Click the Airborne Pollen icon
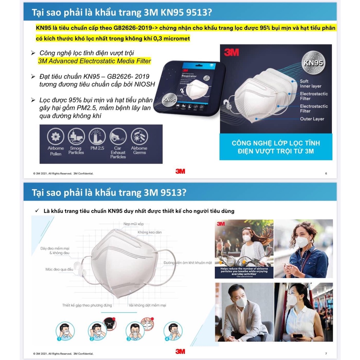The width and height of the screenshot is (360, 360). pos(56,136)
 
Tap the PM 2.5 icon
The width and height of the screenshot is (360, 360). pos(97,136)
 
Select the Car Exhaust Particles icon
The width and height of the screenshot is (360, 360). pos(118,136)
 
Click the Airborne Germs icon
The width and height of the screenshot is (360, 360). pos(139,136)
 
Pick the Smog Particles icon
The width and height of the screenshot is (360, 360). pos(76,136)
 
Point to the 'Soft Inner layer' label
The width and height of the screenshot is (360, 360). pos(310,84)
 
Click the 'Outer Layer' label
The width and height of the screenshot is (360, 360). pos(312,119)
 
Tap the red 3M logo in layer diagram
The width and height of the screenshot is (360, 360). pos(231,52)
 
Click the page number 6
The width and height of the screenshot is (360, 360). pos(326,173)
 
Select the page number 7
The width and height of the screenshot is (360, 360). pos(326,353)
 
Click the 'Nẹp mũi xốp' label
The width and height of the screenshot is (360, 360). pos(133,224)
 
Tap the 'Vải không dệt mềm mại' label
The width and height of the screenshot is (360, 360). pos(147,305)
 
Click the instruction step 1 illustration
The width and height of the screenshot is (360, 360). pos(65,331)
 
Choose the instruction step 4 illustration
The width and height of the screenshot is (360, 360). pos(173,331)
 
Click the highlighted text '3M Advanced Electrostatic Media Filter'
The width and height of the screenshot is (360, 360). pos(94,61)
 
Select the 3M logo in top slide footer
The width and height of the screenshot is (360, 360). pos(180,172)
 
